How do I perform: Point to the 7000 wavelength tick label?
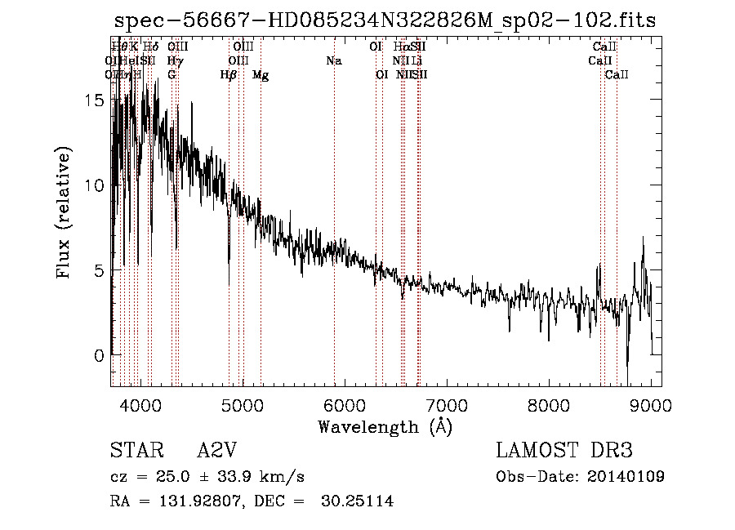[x=447, y=404]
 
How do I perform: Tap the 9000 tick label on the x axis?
[x=651, y=404]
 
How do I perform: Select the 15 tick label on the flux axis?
[x=96, y=100]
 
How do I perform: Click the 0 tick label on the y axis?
[x=100, y=355]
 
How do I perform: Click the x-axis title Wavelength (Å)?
[x=385, y=426]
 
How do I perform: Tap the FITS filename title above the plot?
[x=385, y=20]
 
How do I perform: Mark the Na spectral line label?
[x=333, y=60]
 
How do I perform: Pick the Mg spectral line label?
[x=261, y=75]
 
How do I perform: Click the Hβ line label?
[x=229, y=75]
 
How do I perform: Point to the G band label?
[x=171, y=74]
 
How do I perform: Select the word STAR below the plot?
[x=136, y=451]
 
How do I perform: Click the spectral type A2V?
[x=217, y=451]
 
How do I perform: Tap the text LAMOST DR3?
[x=564, y=451]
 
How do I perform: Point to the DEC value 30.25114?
[x=359, y=501]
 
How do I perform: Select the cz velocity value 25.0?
[x=177, y=477]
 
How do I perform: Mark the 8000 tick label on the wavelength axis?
[x=549, y=404]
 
